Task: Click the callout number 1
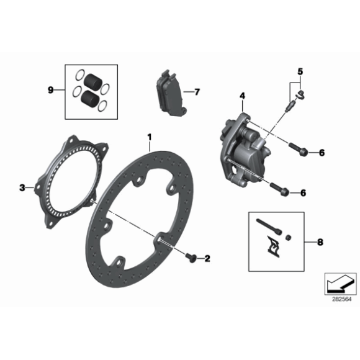[149, 135]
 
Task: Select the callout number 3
[23, 187]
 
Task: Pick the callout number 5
[300, 71]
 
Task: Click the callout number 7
[197, 92]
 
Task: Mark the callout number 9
[52, 90]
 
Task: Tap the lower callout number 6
[303, 193]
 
